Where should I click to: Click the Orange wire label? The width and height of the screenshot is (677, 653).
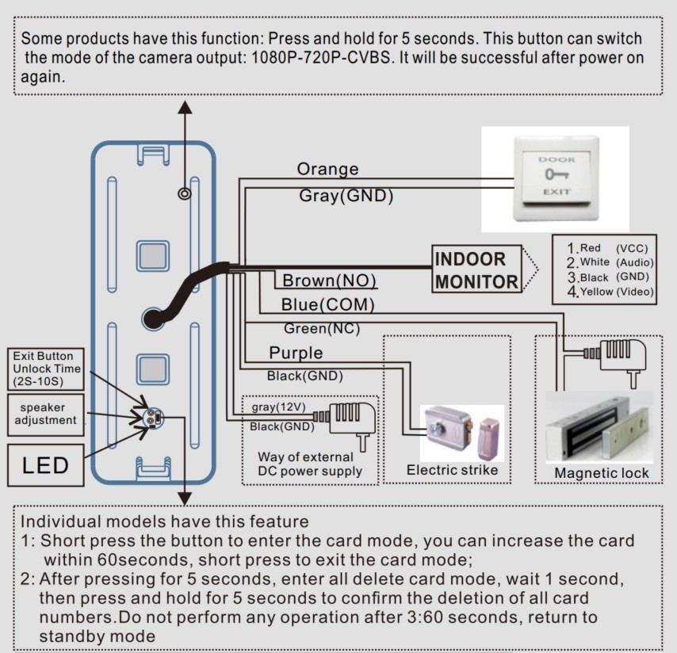tap(327, 169)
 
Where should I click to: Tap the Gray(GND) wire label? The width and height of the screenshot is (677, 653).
tap(346, 196)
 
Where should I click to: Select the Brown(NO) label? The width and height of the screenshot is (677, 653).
tap(329, 281)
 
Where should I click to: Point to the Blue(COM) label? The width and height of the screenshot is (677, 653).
tap(327, 304)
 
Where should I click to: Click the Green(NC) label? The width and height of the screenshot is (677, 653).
tap(322, 328)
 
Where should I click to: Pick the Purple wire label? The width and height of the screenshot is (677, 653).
tap(296, 353)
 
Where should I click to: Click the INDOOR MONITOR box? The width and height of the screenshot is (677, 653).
tap(476, 269)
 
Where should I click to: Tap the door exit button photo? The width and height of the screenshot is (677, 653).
tap(555, 179)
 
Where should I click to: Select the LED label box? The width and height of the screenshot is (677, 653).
tap(45, 465)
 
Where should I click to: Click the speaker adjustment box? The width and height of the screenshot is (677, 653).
tap(45, 414)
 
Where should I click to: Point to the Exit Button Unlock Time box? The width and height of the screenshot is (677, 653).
tap(45, 369)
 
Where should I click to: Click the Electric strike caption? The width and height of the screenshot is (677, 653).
tap(452, 470)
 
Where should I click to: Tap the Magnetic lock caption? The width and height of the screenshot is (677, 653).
tap(602, 473)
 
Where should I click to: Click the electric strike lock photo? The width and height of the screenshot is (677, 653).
tap(462, 433)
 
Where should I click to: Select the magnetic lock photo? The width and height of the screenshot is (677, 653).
tap(599, 427)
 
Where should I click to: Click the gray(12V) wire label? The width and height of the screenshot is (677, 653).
tap(278, 407)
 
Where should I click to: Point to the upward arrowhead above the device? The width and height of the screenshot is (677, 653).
tap(185, 108)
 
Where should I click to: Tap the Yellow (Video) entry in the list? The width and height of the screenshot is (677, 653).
tap(610, 292)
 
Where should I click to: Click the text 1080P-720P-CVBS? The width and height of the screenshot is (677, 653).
tap(320, 58)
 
